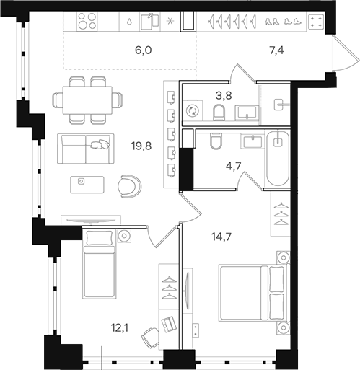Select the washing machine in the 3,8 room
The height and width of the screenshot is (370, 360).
click(x=193, y=112)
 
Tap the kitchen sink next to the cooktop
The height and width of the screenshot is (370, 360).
click(x=150, y=22)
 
